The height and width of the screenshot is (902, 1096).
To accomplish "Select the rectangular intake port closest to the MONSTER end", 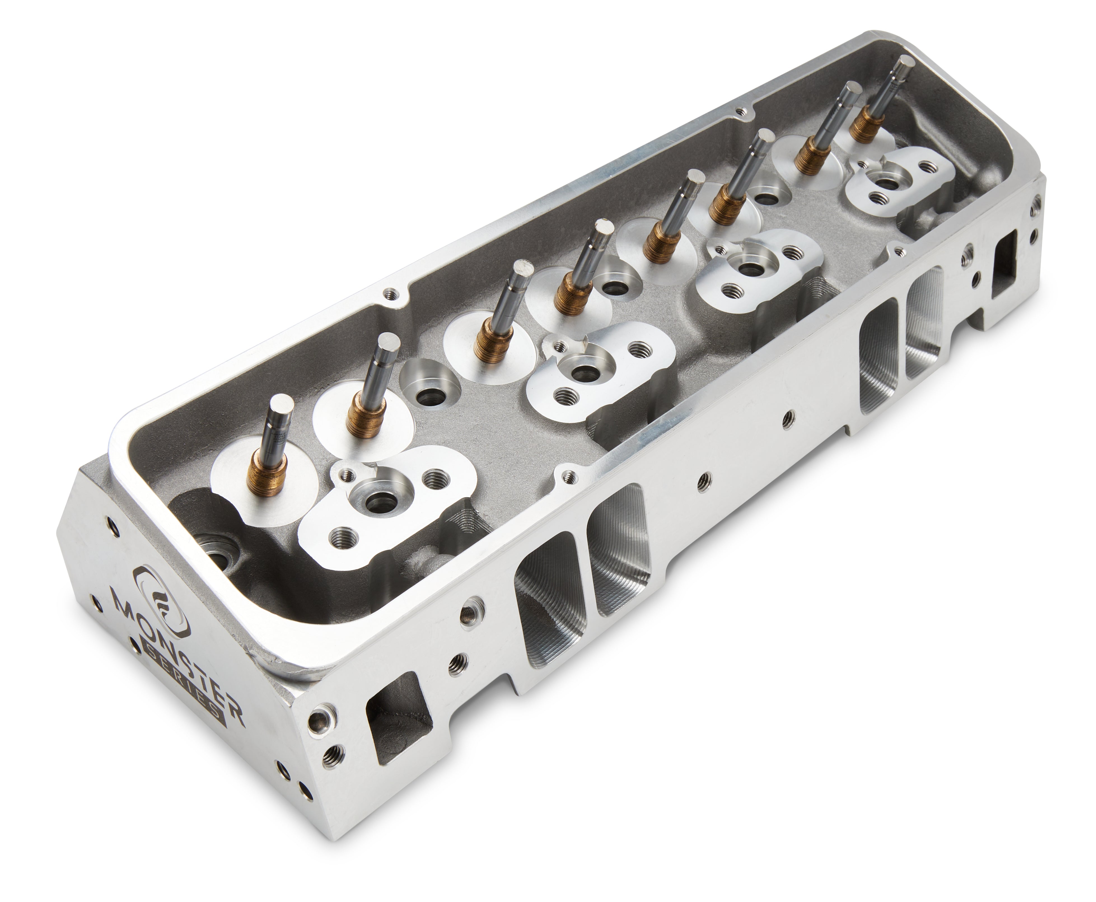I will click(548, 616).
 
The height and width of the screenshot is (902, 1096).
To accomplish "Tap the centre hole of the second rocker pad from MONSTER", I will click(585, 371).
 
